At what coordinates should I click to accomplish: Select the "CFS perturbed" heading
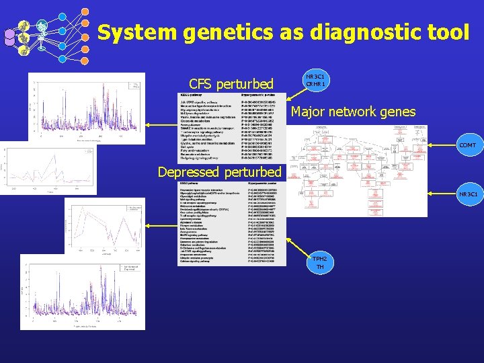pos(231,84)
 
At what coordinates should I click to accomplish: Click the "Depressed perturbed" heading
pos(219,172)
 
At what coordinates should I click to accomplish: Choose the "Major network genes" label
pos(353,112)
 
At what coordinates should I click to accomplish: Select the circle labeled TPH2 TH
pos(319,263)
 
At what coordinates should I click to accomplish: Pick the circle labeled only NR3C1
pos(468,195)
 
